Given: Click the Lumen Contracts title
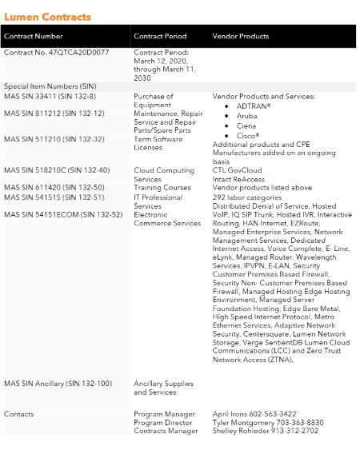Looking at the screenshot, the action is tap(47, 17).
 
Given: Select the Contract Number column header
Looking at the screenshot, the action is tap(34, 36).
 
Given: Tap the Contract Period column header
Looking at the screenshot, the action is tap(160, 36).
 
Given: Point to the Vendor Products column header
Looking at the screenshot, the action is tap(240, 36).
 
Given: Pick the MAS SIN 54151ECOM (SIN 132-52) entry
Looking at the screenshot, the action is tap(63, 214).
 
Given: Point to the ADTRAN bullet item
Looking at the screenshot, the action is tap(254, 106).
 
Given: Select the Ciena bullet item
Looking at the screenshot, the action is tap(246, 125).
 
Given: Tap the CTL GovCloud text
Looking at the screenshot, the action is tap(238, 170).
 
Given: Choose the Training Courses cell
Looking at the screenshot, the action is tap(162, 188).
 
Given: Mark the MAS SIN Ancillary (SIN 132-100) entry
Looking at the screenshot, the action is tap(58, 383).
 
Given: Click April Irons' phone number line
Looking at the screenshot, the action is tap(255, 414).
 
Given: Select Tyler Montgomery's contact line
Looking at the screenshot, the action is tap(267, 422).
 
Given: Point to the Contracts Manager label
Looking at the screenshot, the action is tap(166, 431).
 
